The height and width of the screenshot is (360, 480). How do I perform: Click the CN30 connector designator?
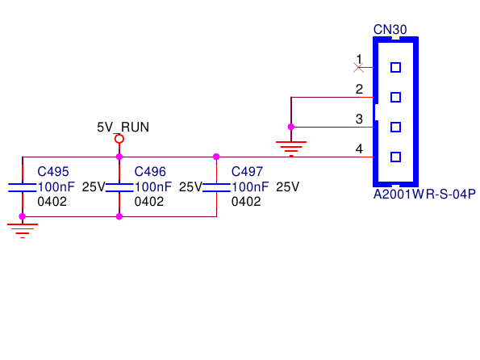(x=390, y=29)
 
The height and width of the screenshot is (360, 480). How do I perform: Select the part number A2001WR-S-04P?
(x=424, y=195)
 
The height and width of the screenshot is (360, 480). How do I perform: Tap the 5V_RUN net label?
(x=123, y=128)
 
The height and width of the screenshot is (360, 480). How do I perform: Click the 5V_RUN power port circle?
(x=119, y=139)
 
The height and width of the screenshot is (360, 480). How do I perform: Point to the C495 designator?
(x=53, y=172)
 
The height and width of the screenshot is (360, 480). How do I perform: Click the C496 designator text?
(x=150, y=172)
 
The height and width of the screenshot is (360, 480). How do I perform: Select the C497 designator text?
(x=247, y=172)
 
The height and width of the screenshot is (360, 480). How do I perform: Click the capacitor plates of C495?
(x=23, y=187)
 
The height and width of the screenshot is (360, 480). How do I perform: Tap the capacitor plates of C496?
(x=119, y=187)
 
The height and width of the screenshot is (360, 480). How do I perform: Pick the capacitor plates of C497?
(x=216, y=187)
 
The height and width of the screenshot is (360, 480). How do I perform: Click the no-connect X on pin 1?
(x=358, y=68)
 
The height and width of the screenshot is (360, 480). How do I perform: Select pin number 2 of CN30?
(x=359, y=89)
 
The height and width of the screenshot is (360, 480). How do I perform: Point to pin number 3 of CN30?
(x=359, y=119)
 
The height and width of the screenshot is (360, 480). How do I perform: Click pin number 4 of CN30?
(x=359, y=149)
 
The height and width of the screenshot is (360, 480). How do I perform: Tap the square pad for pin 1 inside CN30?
(x=395, y=68)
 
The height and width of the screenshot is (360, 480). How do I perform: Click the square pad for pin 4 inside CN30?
(x=395, y=157)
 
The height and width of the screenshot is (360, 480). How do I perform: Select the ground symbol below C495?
(x=23, y=231)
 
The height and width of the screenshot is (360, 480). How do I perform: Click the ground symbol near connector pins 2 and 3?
(x=291, y=149)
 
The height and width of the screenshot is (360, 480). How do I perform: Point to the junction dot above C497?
(x=216, y=157)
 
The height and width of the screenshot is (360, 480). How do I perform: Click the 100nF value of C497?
(x=250, y=187)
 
